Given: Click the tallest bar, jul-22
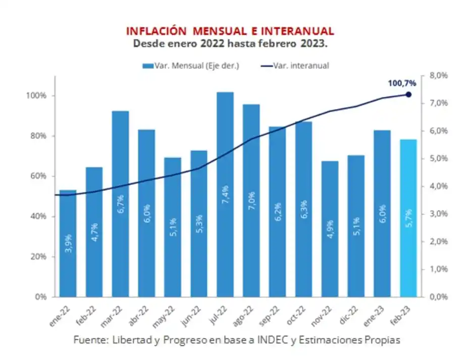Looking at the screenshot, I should pos(225,194).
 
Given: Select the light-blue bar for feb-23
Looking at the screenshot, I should pos(408,218).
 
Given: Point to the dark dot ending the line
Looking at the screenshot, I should pos(408,94).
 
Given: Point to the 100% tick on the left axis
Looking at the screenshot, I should pos(37,96).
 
